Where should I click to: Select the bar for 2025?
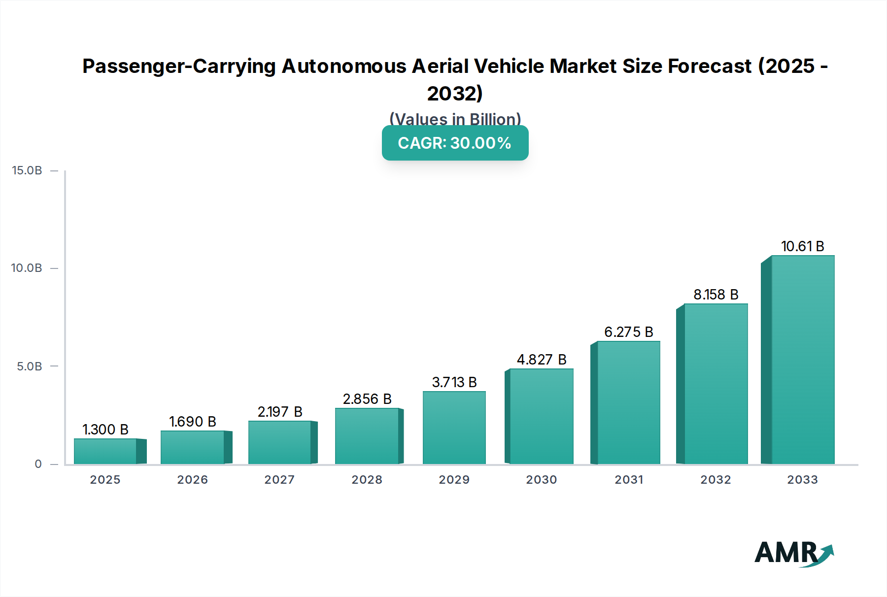105,451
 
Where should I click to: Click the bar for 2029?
454,428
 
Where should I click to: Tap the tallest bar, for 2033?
803,360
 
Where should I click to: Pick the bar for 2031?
628,402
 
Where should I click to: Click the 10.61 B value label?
802,246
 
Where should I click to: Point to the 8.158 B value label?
716,295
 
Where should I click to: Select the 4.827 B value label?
541,360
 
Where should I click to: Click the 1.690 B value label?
193,422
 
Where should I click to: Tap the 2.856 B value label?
367,399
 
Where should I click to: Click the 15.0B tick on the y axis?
27,170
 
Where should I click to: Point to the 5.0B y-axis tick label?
30,366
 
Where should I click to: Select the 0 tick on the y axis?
38,464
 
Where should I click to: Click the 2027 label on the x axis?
279,480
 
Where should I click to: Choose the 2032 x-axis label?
716,480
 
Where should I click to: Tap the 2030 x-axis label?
541,480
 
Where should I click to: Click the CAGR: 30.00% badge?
455,143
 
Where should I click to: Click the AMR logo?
793,553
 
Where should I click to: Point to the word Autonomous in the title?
343,66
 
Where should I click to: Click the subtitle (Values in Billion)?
455,119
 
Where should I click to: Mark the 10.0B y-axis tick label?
27,268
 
